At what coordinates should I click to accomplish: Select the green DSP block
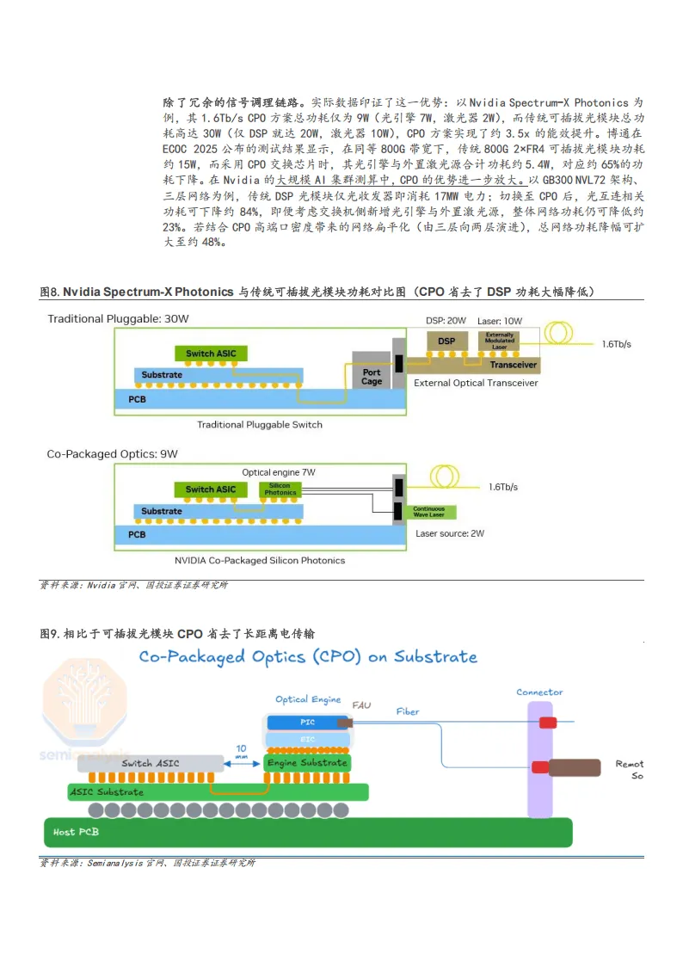click(x=446, y=341)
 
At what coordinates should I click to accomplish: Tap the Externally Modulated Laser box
click(x=499, y=341)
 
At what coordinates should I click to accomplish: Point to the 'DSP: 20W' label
click(x=446, y=321)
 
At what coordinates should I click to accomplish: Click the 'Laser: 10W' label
click(x=499, y=321)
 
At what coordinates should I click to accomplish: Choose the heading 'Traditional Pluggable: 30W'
click(x=118, y=319)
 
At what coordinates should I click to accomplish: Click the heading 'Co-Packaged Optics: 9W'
click(x=112, y=453)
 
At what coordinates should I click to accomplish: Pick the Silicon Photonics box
click(x=280, y=489)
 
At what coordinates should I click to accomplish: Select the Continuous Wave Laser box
click(x=428, y=512)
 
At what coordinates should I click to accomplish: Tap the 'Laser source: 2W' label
click(x=449, y=533)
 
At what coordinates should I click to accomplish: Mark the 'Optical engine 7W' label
click(x=278, y=472)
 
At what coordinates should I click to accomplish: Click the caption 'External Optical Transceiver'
click(x=476, y=383)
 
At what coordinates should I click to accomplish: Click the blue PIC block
click(x=307, y=723)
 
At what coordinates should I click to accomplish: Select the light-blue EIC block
click(x=307, y=740)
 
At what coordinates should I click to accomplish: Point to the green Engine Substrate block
click(x=307, y=763)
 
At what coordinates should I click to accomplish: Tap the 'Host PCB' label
click(x=76, y=832)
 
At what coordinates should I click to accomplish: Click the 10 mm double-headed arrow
click(x=241, y=763)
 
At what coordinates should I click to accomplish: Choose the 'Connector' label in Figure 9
click(x=539, y=692)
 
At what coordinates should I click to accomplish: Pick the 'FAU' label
click(x=361, y=705)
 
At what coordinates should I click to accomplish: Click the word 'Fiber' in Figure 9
click(x=408, y=711)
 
